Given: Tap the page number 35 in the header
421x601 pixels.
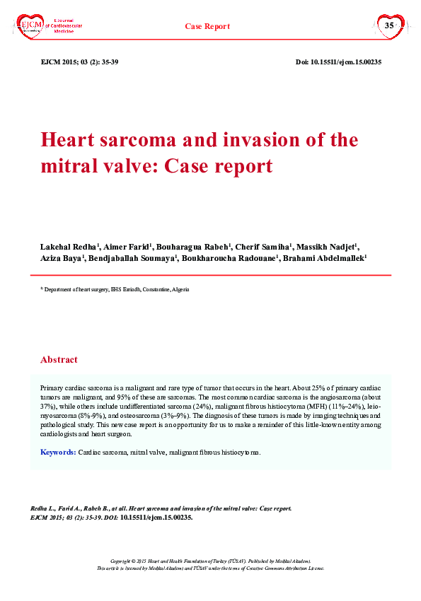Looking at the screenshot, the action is [x=388, y=25].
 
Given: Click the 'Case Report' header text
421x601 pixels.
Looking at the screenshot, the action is [x=207, y=26].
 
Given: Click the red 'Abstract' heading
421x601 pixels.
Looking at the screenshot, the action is [x=59, y=359].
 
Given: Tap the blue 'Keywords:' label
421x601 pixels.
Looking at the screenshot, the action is [x=58, y=451].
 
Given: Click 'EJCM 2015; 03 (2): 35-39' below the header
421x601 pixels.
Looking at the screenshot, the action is [x=80, y=62].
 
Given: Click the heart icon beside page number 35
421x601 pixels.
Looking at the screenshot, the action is [x=388, y=26].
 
